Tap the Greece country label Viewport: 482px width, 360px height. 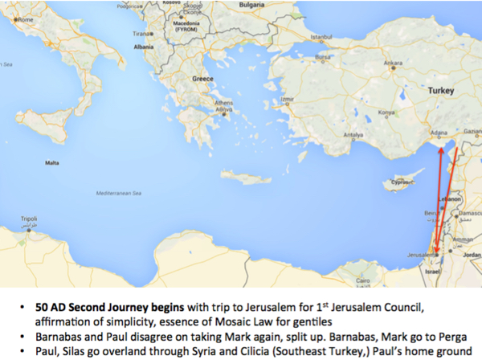202,79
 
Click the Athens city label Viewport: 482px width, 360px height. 224,103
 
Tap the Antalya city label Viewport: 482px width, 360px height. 354,135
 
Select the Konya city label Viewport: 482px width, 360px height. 387,112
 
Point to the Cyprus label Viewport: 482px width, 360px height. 398,182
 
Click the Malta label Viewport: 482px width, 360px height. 52,162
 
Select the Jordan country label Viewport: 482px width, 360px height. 471,256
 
